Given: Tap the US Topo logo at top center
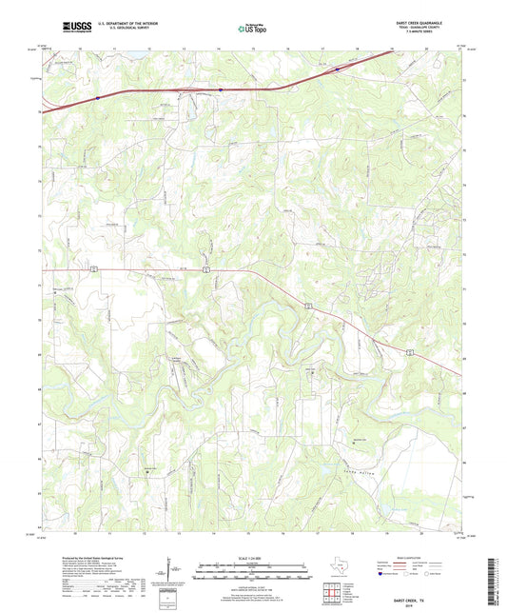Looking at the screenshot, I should point(252,28).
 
